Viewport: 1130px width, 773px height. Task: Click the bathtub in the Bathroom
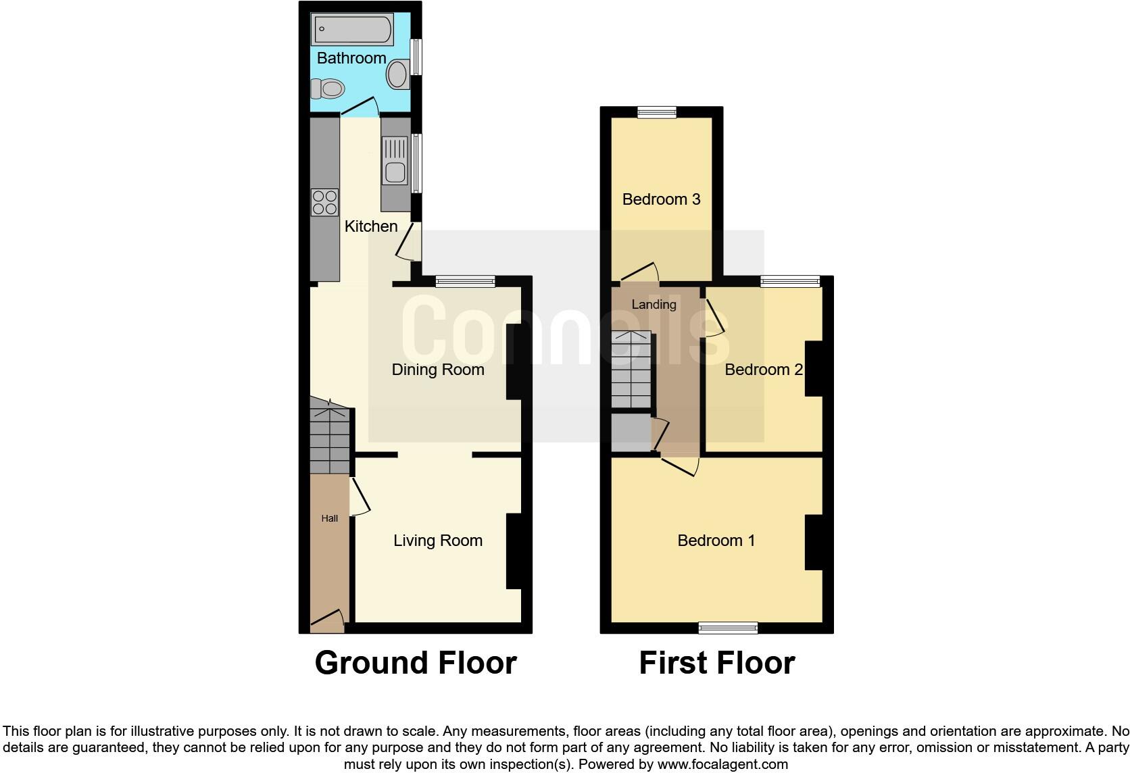352,29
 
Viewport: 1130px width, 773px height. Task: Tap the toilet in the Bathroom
328,89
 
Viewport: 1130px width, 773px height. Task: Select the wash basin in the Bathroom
398,74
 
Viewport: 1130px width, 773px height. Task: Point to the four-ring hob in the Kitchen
324,201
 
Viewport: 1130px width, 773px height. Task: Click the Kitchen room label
371,226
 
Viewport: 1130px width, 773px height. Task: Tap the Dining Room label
438,370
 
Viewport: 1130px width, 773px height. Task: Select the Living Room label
438,541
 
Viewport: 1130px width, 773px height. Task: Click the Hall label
330,518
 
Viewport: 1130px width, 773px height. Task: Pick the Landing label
654,305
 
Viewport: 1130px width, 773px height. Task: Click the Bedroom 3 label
661,199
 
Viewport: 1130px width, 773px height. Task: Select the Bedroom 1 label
716,541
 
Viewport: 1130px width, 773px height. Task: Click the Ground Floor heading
416,663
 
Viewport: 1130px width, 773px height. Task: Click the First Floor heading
716,663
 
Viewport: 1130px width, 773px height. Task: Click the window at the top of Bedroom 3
657,112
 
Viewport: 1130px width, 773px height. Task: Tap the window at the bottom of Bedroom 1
728,628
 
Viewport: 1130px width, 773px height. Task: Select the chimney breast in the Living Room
514,551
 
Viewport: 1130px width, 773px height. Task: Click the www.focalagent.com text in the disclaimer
722,765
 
